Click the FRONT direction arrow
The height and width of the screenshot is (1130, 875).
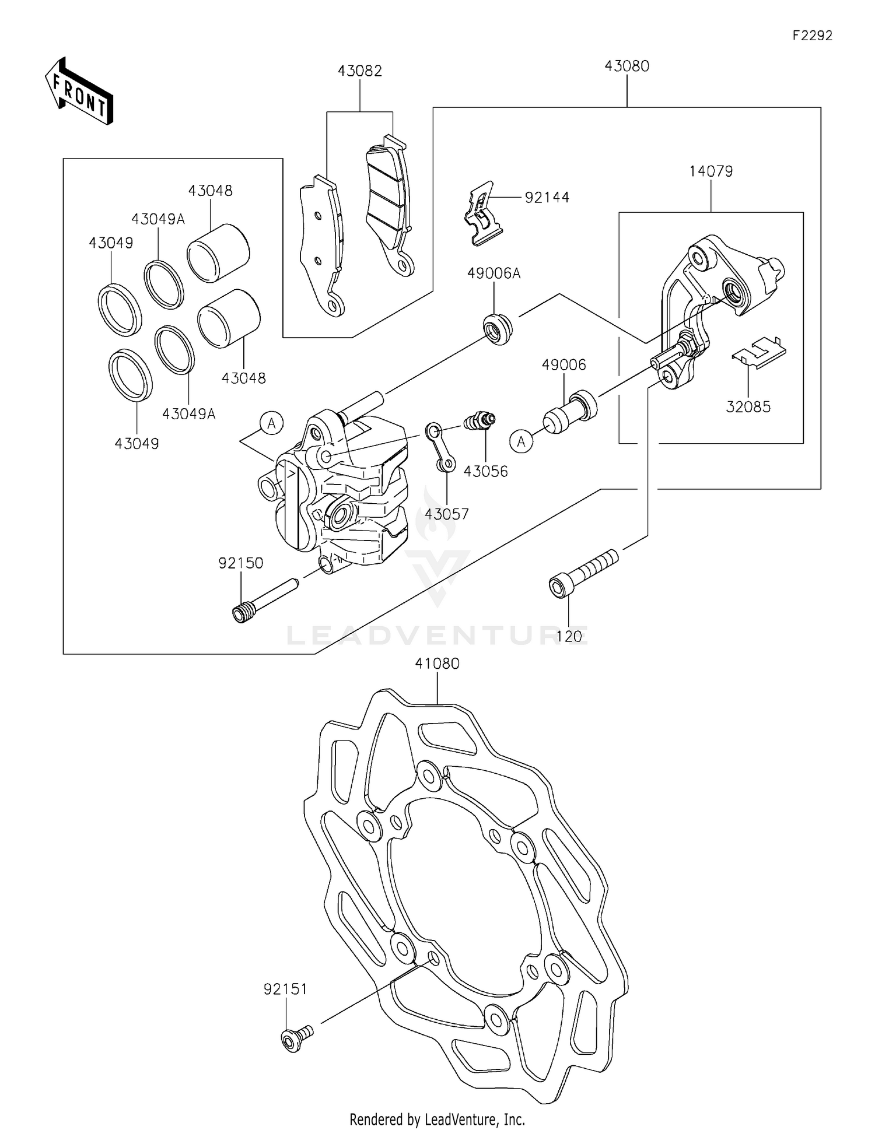(79, 92)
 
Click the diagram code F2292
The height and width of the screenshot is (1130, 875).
(813, 36)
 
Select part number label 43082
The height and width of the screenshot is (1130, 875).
(360, 71)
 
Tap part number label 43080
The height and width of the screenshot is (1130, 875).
(627, 66)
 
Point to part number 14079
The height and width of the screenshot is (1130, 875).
(711, 171)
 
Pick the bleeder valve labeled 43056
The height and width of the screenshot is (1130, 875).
(480, 420)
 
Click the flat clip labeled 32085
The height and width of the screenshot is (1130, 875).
(759, 352)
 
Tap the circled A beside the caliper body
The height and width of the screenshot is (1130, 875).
(271, 423)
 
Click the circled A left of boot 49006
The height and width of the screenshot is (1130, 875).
(521, 441)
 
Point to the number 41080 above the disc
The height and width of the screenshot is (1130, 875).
(437, 664)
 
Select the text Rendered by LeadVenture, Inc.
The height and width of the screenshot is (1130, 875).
(437, 1119)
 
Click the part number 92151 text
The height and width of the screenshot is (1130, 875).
(285, 989)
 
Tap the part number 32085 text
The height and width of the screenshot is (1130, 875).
(748, 407)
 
